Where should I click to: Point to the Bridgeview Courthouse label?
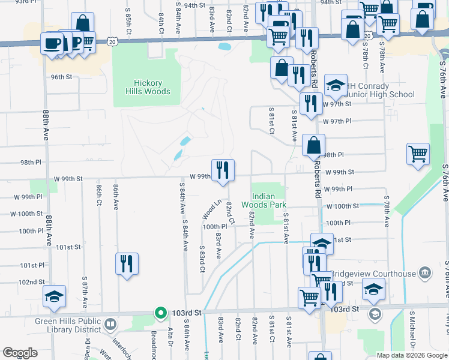pyautogui.click(x=373, y=274)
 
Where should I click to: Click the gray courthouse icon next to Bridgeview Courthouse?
pyautogui.click(x=426, y=274)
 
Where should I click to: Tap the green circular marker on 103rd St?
pyautogui.click(x=160, y=313)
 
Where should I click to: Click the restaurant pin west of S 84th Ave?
pyautogui.click(x=127, y=263)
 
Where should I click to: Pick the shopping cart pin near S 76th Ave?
pyautogui.click(x=418, y=153)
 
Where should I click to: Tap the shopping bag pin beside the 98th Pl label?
pyautogui.click(x=314, y=145)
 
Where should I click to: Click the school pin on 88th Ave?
pyautogui.click(x=54, y=296)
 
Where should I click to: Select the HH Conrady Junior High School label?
pyautogui.click(x=379, y=90)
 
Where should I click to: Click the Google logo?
pyautogui.click(x=20, y=353)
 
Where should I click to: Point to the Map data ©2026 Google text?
pyautogui.click(x=411, y=355)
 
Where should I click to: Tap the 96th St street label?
pyautogui.click(x=61, y=77)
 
